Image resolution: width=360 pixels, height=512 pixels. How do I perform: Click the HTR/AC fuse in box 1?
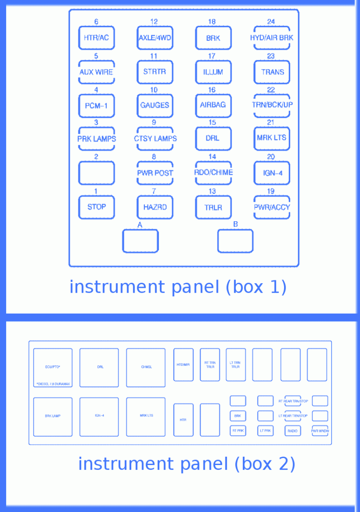point(96,38)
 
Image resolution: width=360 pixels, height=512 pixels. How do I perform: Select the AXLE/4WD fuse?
point(155,38)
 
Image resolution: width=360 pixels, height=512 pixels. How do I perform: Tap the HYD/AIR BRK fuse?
point(271,38)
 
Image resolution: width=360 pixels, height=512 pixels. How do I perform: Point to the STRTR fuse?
point(155,72)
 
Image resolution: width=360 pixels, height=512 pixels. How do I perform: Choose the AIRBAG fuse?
point(213,105)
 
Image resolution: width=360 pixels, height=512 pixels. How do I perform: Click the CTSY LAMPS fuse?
point(155,138)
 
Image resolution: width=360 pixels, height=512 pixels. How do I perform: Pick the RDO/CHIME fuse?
point(213,173)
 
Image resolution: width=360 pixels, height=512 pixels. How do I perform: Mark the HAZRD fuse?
point(155,207)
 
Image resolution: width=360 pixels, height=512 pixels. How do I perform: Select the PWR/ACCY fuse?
point(272,207)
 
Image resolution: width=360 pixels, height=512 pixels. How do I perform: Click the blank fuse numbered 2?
point(96,173)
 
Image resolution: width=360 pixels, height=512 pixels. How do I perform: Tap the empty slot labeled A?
point(140,241)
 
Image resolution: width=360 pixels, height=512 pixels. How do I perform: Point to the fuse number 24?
point(271,22)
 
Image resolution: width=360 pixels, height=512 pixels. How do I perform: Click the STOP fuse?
point(96,207)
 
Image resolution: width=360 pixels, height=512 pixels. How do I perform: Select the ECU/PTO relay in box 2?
point(52,367)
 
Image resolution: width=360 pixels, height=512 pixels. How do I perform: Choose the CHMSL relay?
point(146,367)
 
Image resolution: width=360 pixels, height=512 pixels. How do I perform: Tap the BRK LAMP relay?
point(52,416)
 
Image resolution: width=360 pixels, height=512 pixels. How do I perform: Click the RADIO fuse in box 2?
point(292,430)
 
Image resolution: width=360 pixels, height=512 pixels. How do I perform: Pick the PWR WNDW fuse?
point(320,430)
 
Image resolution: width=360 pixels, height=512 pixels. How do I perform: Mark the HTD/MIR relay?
point(183,365)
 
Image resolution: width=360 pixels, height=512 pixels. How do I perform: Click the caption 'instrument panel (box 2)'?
point(187,464)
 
